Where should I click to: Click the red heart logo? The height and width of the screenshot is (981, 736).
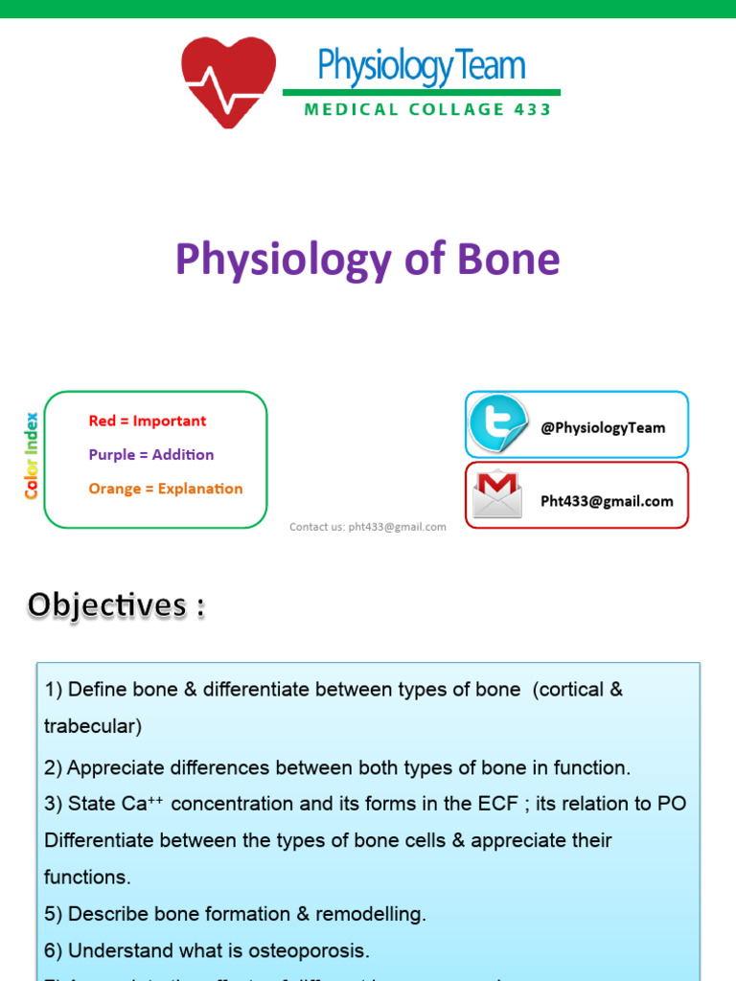(228, 81)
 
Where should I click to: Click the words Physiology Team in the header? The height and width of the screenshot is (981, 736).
(422, 66)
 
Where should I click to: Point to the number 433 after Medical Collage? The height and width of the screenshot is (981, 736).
(533, 109)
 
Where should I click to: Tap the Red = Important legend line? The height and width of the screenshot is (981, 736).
(147, 421)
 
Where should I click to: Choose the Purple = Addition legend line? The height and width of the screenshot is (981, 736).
(150, 454)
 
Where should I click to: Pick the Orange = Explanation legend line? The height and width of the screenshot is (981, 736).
(165, 489)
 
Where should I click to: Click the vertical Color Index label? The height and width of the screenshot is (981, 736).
(32, 455)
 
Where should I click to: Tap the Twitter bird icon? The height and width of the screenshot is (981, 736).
(497, 424)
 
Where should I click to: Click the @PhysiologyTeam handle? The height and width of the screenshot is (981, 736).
(602, 428)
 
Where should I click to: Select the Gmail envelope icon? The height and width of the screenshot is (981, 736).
(497, 495)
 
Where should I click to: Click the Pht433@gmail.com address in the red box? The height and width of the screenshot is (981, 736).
(607, 501)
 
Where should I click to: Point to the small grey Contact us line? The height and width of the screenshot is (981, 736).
(368, 527)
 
